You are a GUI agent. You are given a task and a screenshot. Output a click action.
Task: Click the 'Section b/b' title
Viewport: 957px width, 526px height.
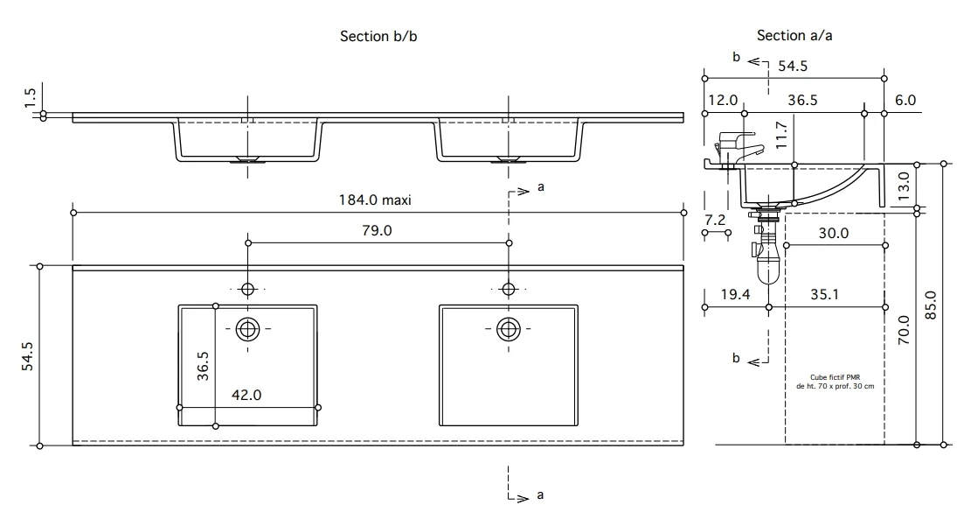coord(378,36)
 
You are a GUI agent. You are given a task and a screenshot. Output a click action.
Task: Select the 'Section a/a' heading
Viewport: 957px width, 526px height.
coord(794,35)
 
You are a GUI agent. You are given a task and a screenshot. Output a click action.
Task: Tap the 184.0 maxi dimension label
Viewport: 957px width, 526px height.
coord(375,200)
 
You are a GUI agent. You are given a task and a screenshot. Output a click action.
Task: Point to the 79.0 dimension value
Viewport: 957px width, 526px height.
coord(377,230)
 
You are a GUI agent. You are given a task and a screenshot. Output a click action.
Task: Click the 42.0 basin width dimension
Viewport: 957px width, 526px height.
coord(246,396)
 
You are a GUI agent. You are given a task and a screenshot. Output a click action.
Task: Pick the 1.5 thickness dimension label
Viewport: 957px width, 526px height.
coord(30,98)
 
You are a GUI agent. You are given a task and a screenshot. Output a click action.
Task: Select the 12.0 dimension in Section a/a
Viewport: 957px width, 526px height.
coord(724,100)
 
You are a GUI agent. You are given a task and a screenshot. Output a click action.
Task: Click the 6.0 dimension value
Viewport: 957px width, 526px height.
coord(905,100)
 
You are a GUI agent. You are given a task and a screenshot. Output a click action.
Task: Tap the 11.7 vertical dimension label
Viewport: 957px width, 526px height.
coord(781,135)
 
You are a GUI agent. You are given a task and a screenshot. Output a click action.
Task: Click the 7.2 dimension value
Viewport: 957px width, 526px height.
coord(715,220)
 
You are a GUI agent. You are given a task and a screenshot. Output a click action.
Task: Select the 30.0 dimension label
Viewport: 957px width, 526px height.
coord(834,233)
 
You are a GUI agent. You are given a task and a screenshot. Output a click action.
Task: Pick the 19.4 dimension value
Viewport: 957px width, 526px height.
coord(736,294)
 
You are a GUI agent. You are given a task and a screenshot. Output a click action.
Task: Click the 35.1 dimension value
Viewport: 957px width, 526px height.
coord(824,294)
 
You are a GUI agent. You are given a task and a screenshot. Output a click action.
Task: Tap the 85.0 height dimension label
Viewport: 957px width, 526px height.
coord(930,305)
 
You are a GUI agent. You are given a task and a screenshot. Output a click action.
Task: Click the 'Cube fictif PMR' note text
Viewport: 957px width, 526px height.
coord(835,377)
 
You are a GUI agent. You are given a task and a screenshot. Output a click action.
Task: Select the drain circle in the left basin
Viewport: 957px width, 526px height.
coord(248,329)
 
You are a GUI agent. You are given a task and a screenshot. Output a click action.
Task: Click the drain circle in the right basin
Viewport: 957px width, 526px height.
coord(509,329)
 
